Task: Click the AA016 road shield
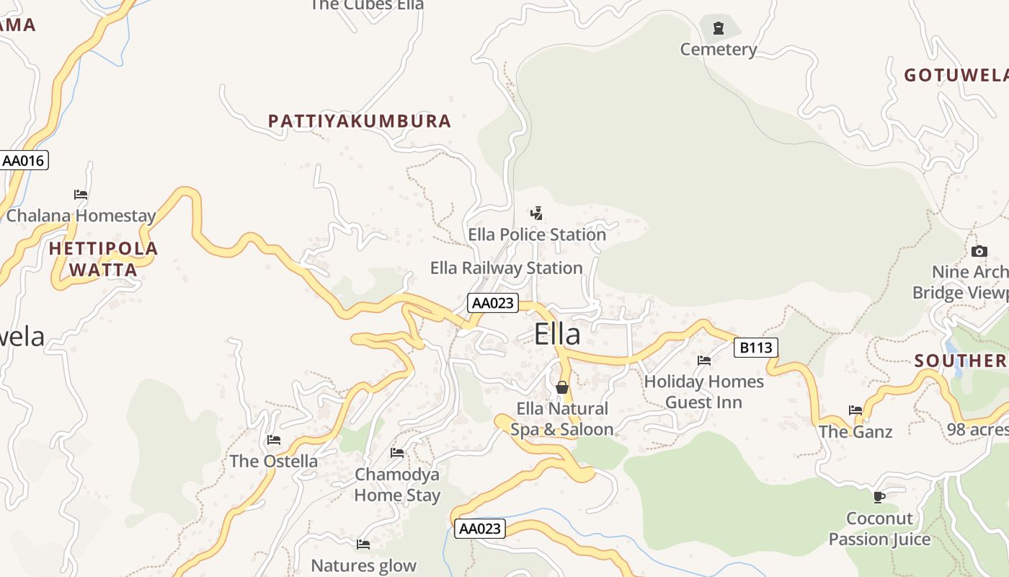24,160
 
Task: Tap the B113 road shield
756,348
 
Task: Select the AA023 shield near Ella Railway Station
493,303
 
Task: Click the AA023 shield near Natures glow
480,529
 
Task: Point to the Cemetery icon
718,29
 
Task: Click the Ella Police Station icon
536,213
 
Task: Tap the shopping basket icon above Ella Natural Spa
562,387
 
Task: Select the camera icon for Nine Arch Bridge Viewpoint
979,251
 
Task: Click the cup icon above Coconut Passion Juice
879,497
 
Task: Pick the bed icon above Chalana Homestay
81,195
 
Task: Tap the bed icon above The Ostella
274,439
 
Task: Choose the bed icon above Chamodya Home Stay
397,453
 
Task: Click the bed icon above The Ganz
855,410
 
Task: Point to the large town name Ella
557,335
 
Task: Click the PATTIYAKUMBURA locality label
360,121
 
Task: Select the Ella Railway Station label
506,268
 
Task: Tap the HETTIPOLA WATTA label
103,260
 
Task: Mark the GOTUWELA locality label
955,75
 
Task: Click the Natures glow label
363,565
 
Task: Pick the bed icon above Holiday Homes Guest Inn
704,360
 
